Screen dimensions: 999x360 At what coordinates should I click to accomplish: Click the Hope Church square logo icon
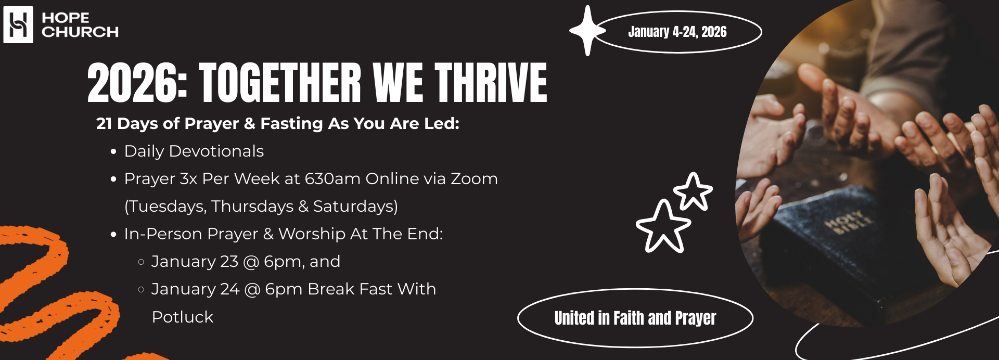[x=18, y=24]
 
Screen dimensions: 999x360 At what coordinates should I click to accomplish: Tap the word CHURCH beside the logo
[x=80, y=32]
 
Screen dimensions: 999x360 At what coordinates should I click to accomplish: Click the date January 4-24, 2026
[x=677, y=32]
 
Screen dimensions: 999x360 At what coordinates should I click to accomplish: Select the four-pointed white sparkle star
[x=587, y=30]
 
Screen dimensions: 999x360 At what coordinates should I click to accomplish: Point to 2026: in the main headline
[x=137, y=83]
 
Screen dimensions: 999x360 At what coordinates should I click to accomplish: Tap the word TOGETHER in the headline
[x=280, y=82]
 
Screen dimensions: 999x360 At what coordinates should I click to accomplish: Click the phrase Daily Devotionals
[x=194, y=151]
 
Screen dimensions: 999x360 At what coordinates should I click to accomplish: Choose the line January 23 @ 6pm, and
[x=246, y=262]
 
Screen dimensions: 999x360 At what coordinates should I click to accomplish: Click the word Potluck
[x=183, y=317]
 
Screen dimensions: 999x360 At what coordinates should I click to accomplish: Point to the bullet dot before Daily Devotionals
[x=113, y=152]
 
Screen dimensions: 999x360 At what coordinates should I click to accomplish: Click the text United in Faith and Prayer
[x=635, y=318]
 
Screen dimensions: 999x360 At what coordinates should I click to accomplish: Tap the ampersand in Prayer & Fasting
[x=250, y=124]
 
